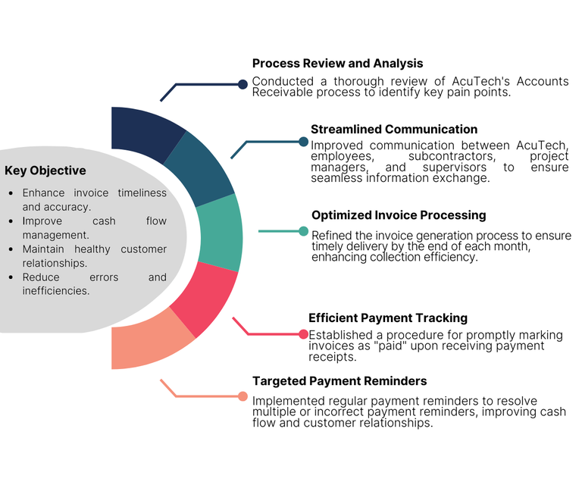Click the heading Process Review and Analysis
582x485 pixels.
[x=337, y=64]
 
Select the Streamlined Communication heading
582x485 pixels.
[x=394, y=130]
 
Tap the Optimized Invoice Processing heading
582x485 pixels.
[x=399, y=215]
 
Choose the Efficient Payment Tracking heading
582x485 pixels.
[x=388, y=318]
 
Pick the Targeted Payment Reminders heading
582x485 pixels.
[x=339, y=381]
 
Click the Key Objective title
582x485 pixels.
[x=45, y=171]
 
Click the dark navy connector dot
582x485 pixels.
[x=242, y=84]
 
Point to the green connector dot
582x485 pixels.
[x=304, y=231]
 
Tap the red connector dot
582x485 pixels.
[x=304, y=334]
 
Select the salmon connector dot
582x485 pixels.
[x=242, y=396]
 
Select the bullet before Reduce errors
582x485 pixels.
[x=11, y=278]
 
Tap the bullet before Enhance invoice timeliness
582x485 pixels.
[x=11, y=193]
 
